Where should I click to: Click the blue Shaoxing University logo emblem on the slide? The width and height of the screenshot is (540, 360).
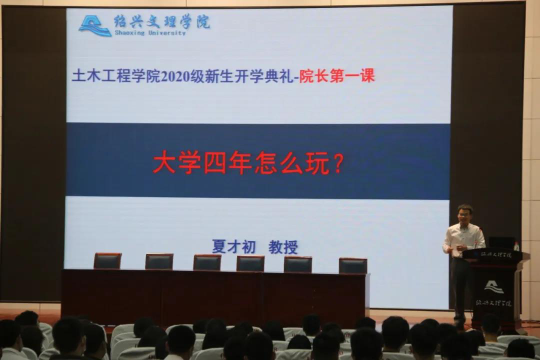coord(95,25)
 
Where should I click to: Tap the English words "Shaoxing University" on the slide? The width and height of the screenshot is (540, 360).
coord(150,33)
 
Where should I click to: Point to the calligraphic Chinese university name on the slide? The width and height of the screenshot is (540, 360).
coord(162,21)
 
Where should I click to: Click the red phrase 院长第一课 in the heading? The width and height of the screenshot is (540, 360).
coord(336,76)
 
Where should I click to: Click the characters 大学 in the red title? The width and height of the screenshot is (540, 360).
coord(177,163)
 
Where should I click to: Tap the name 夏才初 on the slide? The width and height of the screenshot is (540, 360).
coord(233,246)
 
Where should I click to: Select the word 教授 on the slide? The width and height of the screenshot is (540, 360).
coord(283,247)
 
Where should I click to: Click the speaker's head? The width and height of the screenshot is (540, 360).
coord(464,213)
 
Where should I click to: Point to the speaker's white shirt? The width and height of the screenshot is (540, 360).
coord(464,239)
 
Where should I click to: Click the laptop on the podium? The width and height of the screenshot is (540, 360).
coord(501,242)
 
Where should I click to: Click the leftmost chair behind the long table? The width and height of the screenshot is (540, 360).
coord(107,261)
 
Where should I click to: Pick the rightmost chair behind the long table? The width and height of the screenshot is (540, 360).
coord(353,265)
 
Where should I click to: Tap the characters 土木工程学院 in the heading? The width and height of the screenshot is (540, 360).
coord(116,76)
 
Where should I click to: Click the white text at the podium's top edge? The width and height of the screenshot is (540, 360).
coord(492,255)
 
